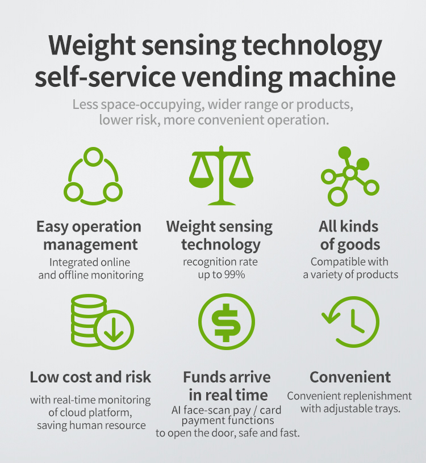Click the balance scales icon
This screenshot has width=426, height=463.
219,176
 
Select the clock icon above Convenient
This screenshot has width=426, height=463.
350,322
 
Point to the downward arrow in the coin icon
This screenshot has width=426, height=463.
114,330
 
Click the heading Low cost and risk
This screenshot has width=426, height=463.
91,377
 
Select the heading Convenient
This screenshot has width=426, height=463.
350,377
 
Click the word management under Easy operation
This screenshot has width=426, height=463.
91,245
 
